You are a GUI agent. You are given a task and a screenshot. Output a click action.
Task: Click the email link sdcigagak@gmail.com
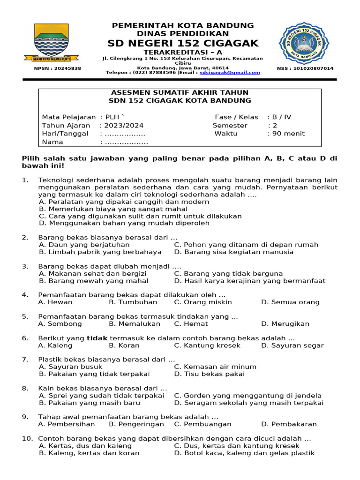coord(230,73)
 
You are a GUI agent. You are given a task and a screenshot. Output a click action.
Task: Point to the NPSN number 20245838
coord(58,68)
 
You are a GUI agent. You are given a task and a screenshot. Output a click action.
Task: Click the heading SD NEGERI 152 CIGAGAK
coord(183,44)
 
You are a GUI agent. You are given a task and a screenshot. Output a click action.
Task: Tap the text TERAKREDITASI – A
coord(183,52)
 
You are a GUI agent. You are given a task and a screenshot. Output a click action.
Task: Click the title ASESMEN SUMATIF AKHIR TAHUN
coord(180,92)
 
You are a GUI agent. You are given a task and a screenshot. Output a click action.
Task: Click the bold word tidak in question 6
coord(97,338)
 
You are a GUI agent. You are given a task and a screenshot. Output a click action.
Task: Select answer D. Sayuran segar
coord(292,345)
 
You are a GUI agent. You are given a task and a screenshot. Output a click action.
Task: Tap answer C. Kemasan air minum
coord(215,367)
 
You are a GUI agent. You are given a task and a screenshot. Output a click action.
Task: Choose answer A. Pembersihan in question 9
coord(67,424)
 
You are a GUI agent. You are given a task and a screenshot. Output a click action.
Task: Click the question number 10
coord(27,439)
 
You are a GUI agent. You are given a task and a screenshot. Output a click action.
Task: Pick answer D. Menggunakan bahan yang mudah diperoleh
coord(124,223)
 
